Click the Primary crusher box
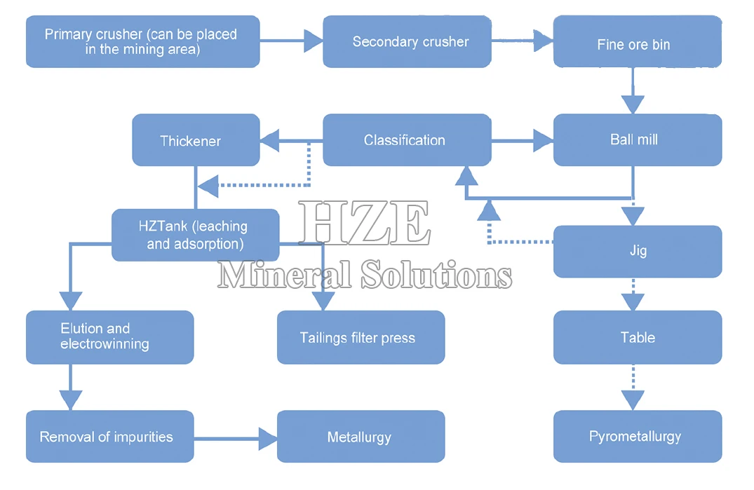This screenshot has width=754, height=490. [143, 42]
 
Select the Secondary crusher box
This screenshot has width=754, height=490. [407, 42]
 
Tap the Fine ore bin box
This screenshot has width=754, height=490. [637, 42]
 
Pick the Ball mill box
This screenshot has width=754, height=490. [637, 139]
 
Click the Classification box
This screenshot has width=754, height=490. [407, 139]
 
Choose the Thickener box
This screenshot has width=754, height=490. [196, 139]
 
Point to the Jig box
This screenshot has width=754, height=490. [637, 251]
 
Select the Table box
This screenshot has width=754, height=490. [637, 337]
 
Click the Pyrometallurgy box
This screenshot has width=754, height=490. [637, 436]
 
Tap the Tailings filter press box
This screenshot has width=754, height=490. [361, 337]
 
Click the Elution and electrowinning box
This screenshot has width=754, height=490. [109, 337]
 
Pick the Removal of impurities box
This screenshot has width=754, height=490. [109, 436]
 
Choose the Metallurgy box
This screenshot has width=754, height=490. [361, 436]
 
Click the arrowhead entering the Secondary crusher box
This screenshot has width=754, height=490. [314, 41]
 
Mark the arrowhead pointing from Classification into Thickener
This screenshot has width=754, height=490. [269, 140]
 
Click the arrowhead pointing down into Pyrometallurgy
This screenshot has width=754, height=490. [633, 400]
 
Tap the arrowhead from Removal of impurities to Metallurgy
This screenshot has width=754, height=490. [268, 439]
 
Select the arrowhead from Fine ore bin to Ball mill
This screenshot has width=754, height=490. [633, 104]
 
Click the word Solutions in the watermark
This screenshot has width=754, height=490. [436, 274]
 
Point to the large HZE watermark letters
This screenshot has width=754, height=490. [364, 223]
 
